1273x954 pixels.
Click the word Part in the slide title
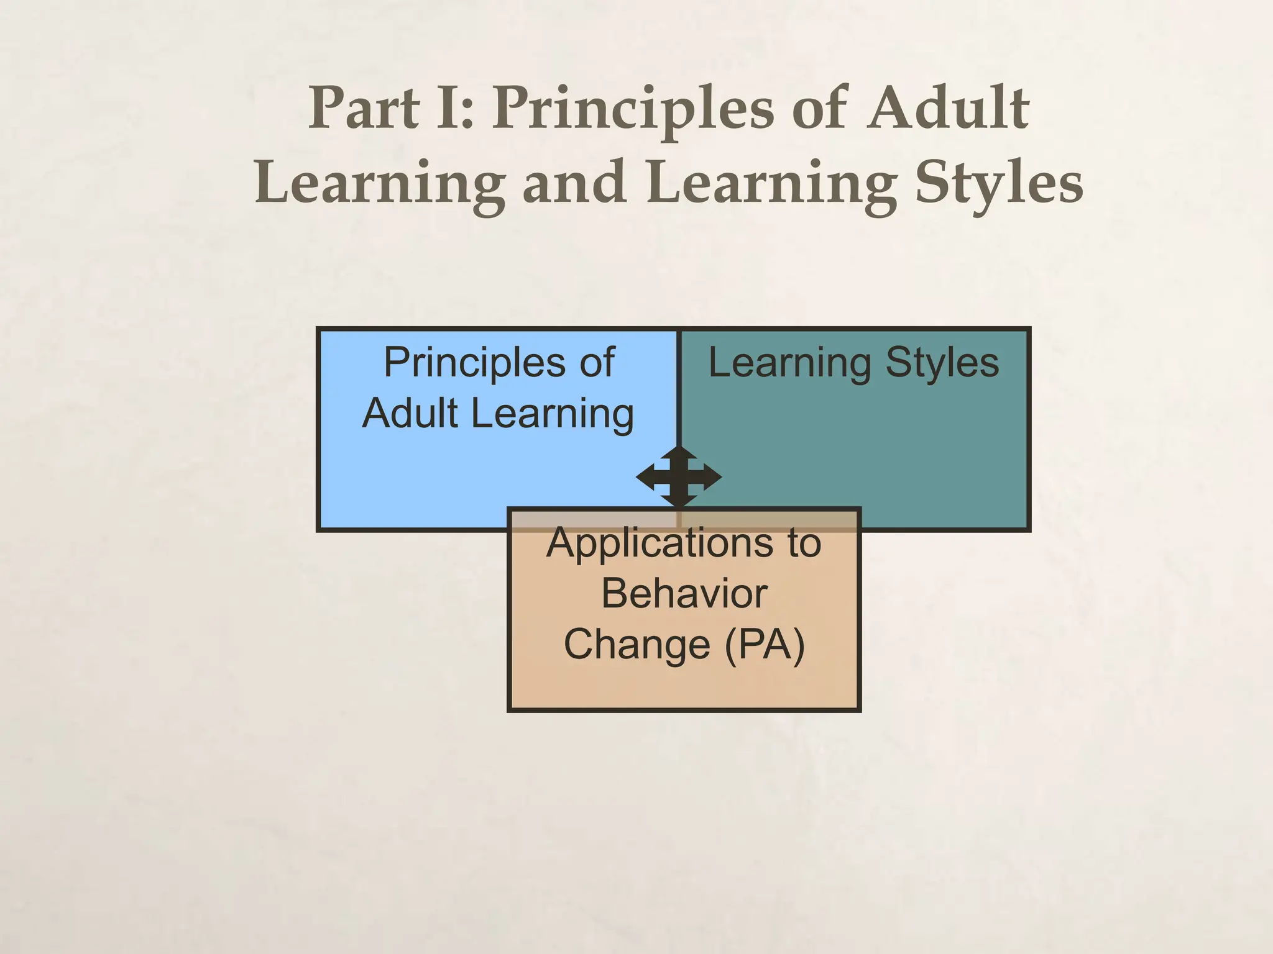click(x=364, y=109)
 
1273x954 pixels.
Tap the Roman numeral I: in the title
click(x=455, y=109)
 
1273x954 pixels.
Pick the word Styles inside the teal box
click(x=942, y=363)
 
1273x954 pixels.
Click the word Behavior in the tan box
click(x=684, y=594)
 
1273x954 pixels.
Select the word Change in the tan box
click(x=636, y=645)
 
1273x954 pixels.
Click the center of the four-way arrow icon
click(x=679, y=477)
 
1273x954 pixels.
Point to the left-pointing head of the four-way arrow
click(x=645, y=477)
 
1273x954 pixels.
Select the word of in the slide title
click(x=820, y=109)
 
